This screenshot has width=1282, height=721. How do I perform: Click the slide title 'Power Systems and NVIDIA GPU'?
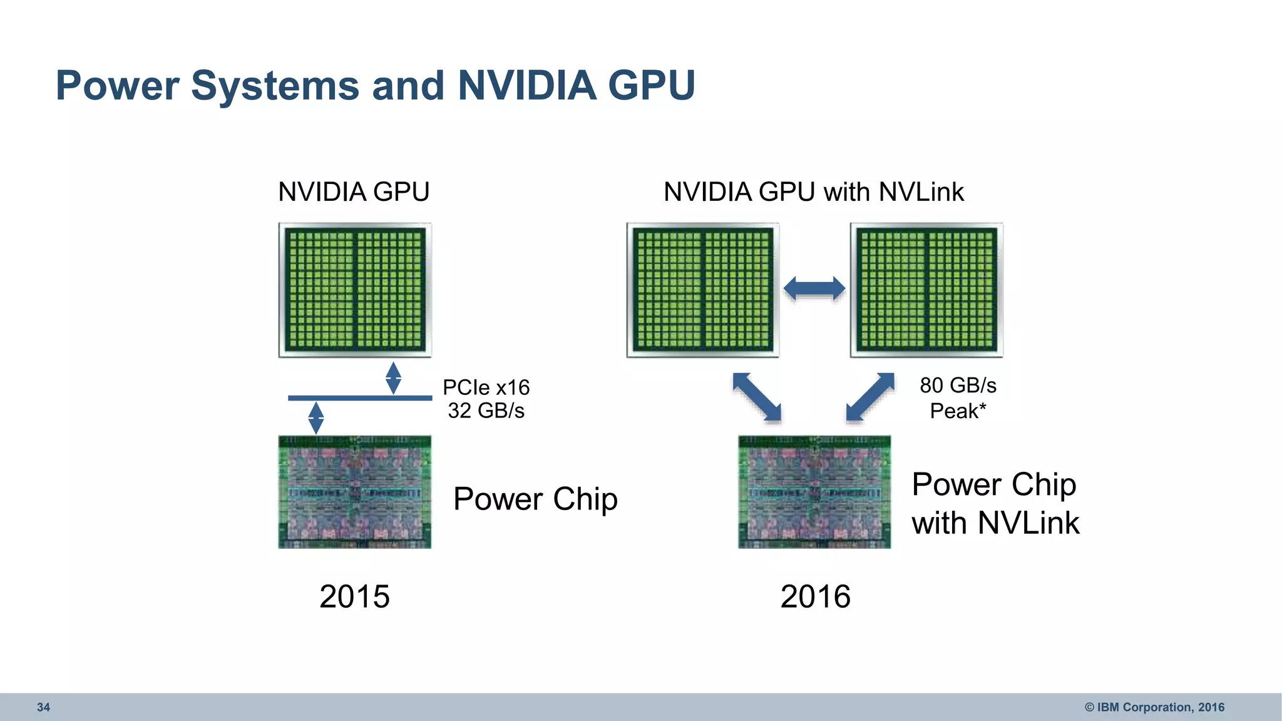pyautogui.click(x=376, y=85)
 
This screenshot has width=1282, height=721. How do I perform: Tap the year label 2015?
pyautogui.click(x=354, y=596)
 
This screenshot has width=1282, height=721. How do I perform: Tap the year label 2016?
pyautogui.click(x=815, y=596)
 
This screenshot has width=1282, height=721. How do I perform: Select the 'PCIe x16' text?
pyautogui.click(x=486, y=387)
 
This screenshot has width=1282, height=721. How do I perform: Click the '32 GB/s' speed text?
pyautogui.click(x=486, y=411)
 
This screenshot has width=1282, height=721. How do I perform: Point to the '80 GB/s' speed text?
pyautogui.click(x=958, y=385)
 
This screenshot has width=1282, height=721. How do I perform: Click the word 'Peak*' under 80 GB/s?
pyautogui.click(x=958, y=411)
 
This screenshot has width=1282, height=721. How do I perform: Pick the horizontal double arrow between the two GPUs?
pyautogui.click(x=814, y=289)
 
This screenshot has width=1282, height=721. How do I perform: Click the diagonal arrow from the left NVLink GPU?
pyautogui.click(x=757, y=397)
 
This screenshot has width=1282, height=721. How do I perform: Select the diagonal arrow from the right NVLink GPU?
pyautogui.click(x=870, y=397)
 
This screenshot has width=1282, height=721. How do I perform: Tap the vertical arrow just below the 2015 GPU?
pyautogui.click(x=393, y=378)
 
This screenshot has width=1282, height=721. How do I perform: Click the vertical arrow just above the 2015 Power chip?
pyautogui.click(x=316, y=417)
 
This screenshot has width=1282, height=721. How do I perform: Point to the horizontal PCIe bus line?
pyautogui.click(x=360, y=398)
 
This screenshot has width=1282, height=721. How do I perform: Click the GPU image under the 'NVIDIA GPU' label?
pyautogui.click(x=355, y=290)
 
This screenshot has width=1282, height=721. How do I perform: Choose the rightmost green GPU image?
pyautogui.click(x=926, y=290)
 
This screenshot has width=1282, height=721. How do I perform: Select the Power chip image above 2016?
pyautogui.click(x=814, y=492)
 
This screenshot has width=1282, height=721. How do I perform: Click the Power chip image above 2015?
pyautogui.click(x=355, y=492)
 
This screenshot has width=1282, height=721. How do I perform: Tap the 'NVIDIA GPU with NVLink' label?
pyautogui.click(x=813, y=192)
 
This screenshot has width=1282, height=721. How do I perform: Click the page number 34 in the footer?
pyautogui.click(x=43, y=707)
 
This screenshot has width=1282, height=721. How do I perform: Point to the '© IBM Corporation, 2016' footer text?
pyautogui.click(x=1154, y=707)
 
